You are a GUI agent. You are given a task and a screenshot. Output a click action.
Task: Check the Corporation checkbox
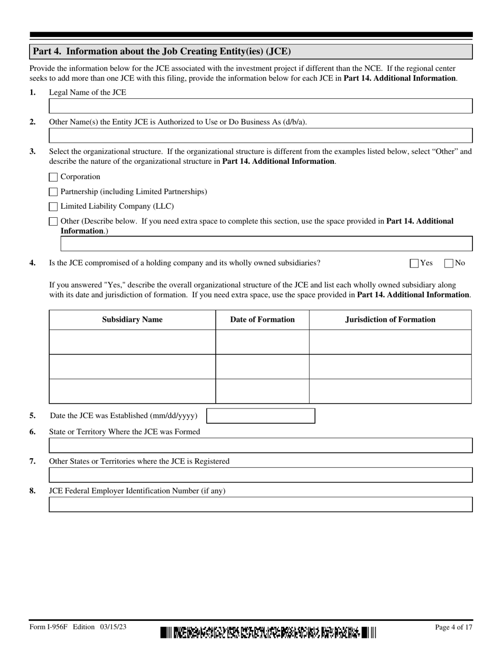click(53, 177)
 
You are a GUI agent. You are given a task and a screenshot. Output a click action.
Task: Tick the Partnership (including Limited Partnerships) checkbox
click(53, 192)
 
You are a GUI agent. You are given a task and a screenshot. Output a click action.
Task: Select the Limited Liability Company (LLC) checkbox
click(53, 207)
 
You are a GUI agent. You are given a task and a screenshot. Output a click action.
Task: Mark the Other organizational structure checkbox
click(53, 221)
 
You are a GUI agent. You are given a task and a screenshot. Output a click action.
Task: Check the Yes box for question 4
click(414, 263)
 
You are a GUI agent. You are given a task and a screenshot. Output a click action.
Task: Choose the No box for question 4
click(449, 263)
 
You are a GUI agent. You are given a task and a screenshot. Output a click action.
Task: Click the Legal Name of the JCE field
click(261, 106)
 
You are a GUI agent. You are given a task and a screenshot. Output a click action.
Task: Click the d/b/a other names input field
click(261, 136)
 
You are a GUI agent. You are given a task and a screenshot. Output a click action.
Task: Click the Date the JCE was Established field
click(261, 416)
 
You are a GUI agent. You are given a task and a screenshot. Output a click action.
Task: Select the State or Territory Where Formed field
click(261, 445)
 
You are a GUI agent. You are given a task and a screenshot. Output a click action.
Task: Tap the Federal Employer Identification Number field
click(261, 505)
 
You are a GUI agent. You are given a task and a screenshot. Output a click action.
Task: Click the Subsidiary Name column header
click(132, 320)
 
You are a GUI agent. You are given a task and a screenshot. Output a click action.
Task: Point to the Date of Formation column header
click(262, 320)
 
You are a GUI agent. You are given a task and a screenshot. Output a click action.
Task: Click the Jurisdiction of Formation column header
click(390, 320)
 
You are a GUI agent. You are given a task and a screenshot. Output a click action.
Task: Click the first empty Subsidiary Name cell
click(132, 342)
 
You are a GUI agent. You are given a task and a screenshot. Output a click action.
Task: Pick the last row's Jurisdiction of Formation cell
click(390, 391)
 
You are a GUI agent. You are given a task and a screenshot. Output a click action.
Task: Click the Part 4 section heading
click(162, 51)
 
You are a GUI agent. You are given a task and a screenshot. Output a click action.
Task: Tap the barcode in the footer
click(268, 632)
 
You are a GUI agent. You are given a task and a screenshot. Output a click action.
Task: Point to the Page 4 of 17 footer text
click(453, 627)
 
